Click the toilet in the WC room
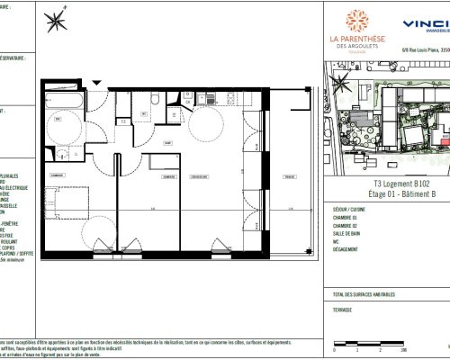click(155, 97)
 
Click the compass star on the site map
click(340, 83)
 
